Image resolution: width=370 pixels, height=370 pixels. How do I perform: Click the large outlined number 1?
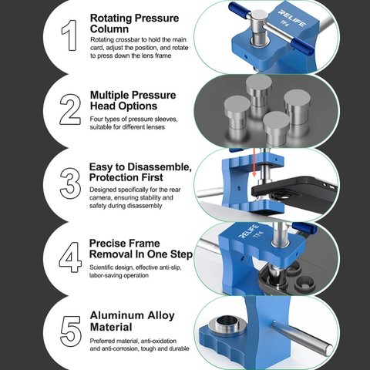(x=69, y=35)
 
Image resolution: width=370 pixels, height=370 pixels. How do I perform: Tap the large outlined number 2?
(x=70, y=109)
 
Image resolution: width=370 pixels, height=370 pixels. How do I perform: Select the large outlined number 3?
(x=70, y=183)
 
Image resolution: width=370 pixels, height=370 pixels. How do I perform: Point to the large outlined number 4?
(x=70, y=257)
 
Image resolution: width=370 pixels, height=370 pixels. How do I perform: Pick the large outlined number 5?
(x=71, y=331)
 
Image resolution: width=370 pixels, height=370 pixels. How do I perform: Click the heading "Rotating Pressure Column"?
(x=134, y=23)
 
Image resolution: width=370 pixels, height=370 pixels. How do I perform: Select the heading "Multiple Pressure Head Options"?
(x=133, y=100)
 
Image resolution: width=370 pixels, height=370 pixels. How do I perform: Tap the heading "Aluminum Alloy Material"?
(x=132, y=321)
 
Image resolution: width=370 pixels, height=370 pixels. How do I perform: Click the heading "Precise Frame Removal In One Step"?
(x=141, y=249)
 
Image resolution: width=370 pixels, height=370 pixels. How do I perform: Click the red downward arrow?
(x=254, y=163)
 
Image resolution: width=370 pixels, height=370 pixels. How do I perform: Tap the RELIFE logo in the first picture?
(x=292, y=18)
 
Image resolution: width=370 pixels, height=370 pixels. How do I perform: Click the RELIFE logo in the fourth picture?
(x=249, y=231)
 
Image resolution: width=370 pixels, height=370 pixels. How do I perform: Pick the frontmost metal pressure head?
(x=276, y=129)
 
